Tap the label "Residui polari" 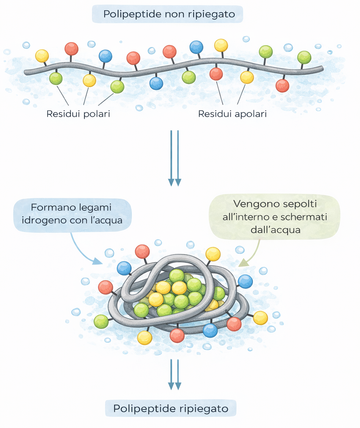click(x=78, y=114)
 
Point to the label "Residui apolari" click(x=232, y=114)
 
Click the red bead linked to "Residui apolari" click(x=216, y=74)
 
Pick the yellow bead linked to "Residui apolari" click(x=247, y=77)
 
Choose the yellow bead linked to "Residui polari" click(x=89, y=80)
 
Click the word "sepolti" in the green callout click(x=299, y=204)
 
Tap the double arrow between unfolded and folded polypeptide click(x=174, y=158)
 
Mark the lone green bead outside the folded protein click(x=101, y=322)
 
